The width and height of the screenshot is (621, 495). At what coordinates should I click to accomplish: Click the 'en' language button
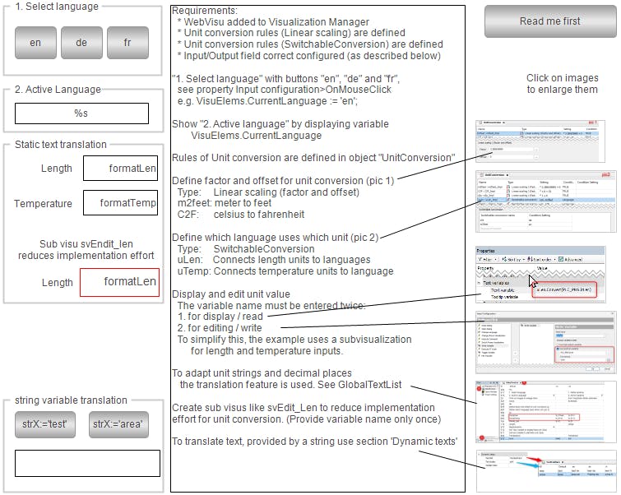pos(35,43)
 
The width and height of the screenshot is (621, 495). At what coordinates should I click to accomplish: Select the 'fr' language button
pos(127,43)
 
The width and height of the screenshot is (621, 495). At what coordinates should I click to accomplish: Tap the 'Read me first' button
pos(549,21)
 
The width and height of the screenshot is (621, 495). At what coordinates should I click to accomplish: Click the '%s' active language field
pos(81,113)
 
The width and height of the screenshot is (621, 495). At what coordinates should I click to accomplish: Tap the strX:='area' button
pos(118,424)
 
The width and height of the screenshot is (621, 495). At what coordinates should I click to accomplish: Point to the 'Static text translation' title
pos(61,145)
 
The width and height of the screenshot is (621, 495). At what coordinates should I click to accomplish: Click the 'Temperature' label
pos(44,203)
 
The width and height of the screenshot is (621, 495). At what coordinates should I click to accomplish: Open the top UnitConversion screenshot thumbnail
pos(545,140)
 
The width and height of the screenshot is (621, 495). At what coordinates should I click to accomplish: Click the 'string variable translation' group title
pos(71,400)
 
